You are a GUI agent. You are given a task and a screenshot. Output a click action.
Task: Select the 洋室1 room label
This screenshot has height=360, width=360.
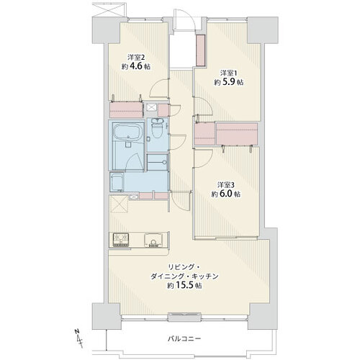[228, 72]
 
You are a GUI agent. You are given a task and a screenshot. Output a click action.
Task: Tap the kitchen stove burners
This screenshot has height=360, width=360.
[120, 240]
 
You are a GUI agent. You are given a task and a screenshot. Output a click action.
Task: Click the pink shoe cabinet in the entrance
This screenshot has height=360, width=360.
[199, 55]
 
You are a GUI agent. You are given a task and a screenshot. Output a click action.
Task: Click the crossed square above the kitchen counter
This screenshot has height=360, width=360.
[117, 204]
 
